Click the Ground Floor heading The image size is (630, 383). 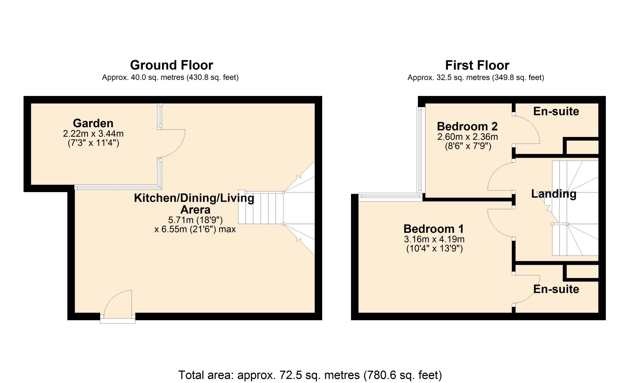[172, 65]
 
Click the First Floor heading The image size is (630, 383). [477, 65]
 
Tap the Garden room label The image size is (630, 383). [93, 123]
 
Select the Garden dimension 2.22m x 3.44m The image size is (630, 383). [93, 134]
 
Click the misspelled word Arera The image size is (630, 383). [196, 210]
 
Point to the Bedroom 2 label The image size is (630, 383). [467, 126]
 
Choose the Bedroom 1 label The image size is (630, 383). [434, 229]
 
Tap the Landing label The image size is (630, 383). [554, 194]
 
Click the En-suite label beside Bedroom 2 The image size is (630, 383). [556, 111]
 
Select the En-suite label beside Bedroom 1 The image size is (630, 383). [556, 289]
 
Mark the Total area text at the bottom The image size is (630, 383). [310, 375]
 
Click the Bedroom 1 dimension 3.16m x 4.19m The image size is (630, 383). [434, 239]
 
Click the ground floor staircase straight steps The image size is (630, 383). [261, 208]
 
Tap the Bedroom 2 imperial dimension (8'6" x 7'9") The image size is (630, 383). [468, 146]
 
